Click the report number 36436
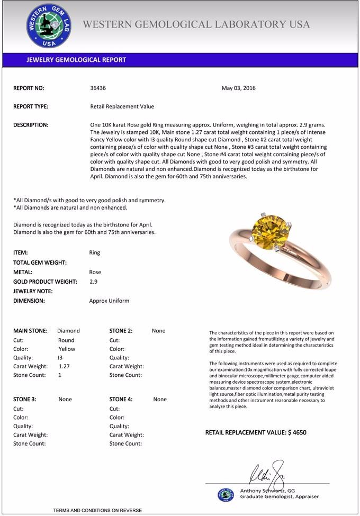point(98,88)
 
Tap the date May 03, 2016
point(238,88)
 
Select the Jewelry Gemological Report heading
point(76,60)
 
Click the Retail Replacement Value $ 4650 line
point(256,432)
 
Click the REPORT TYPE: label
point(31,106)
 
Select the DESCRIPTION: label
point(31,125)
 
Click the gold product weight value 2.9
point(93,282)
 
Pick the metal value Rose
point(95,272)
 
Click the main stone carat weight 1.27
point(64,366)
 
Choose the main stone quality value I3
point(60,358)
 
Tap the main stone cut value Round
point(66,340)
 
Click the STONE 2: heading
point(121,331)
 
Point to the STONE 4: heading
point(121,400)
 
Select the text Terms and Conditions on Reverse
point(97,510)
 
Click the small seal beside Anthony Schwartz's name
point(226,494)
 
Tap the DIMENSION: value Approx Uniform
point(109,301)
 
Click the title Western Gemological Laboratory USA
point(196,24)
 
